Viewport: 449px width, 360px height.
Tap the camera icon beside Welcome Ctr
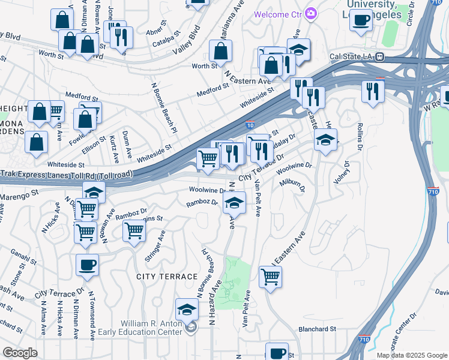tap(310, 13)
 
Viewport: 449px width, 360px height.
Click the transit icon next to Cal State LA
tap(380, 58)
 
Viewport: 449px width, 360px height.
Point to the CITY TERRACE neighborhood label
tap(167, 276)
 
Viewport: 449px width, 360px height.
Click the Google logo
tap(20, 353)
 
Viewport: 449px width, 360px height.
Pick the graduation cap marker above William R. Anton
tap(187, 310)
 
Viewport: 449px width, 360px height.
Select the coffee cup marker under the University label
tap(361, 20)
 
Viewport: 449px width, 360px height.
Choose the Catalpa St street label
tap(167, 43)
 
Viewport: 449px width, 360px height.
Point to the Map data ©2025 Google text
tap(412, 355)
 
